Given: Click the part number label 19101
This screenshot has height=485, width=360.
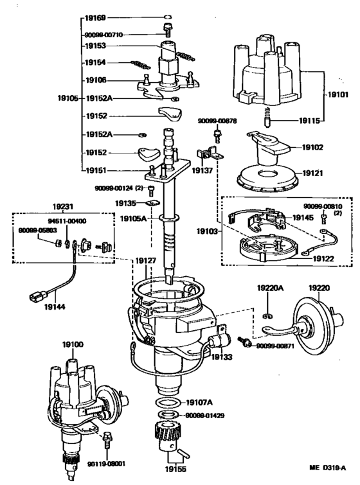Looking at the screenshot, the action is [337, 94].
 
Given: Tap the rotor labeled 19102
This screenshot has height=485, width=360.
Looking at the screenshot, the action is [268, 148].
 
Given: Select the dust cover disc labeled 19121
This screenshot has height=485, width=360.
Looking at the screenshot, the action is [267, 179].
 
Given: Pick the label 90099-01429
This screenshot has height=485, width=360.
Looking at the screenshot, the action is [204, 416].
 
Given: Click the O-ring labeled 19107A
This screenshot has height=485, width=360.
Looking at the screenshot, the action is [167, 402].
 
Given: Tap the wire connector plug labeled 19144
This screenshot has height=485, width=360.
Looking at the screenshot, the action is [37, 296].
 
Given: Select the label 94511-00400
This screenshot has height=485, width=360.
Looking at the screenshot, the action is [67, 221].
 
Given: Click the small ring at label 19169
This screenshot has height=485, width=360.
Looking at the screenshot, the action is [167, 17].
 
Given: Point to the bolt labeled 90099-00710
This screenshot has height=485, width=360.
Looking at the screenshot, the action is [168, 30].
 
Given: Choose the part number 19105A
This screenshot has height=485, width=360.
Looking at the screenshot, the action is [133, 218].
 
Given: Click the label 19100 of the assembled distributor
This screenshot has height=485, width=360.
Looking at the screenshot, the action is [73, 344].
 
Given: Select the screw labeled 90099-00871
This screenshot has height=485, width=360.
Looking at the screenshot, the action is [244, 342].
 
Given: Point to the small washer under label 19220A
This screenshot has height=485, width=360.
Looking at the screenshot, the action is [267, 316].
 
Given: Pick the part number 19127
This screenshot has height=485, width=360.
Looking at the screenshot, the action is [145, 261].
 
